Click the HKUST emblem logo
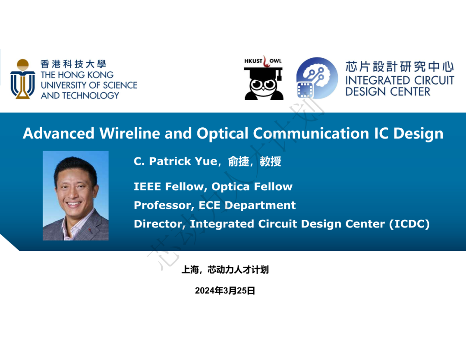[x=22, y=79]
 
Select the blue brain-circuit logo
[x=317, y=78]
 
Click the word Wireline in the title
[x=130, y=133]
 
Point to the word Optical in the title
[x=223, y=133]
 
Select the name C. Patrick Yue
[x=176, y=161]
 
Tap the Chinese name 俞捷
[x=239, y=161]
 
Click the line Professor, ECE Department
[x=215, y=205]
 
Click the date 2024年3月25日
[x=225, y=291]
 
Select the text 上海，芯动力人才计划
[x=225, y=270]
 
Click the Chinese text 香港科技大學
[x=73, y=64]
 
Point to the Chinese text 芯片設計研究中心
[x=400, y=66]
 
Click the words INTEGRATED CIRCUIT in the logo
[x=400, y=80]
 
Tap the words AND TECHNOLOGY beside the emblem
[x=80, y=95]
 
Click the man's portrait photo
[x=76, y=196]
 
